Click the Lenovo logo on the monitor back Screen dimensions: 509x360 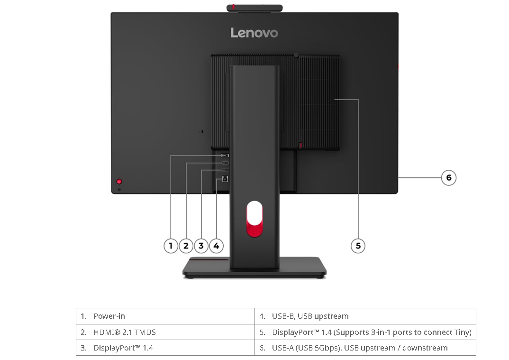(x=254, y=33)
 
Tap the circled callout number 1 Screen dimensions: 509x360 (x=171, y=246)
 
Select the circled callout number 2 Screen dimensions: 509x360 (x=186, y=246)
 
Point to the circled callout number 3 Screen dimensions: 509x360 (x=201, y=246)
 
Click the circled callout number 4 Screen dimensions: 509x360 (x=217, y=246)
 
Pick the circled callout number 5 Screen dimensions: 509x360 (x=358, y=246)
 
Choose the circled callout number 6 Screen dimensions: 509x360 (x=449, y=178)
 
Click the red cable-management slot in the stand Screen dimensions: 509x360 (x=255, y=219)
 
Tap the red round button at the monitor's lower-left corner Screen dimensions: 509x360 (x=119, y=181)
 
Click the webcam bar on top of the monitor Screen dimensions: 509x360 (x=255, y=8)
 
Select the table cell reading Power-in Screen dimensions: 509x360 (x=165, y=316)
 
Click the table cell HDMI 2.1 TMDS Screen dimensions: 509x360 (x=165, y=332)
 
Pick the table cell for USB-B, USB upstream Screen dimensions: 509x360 (x=365, y=316)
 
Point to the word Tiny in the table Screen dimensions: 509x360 (x=463, y=332)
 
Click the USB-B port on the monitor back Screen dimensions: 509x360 (x=225, y=179)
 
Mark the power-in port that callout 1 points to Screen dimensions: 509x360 (x=225, y=156)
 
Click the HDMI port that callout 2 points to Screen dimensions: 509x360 (x=225, y=163)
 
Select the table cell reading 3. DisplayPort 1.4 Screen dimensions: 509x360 (x=165, y=348)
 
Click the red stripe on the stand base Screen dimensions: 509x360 (x=209, y=259)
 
